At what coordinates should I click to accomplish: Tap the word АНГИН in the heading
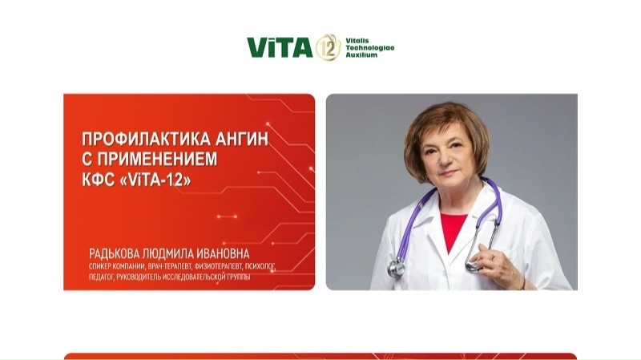pyautogui.click(x=243, y=139)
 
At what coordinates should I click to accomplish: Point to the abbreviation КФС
pyautogui.click(x=99, y=180)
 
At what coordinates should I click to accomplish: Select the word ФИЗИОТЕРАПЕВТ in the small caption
pyautogui.click(x=217, y=265)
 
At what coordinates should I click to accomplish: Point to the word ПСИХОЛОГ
pyautogui.click(x=260, y=265)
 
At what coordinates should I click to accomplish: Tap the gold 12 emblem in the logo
pyautogui.click(x=328, y=47)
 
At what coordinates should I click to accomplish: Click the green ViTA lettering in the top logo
pyautogui.click(x=280, y=48)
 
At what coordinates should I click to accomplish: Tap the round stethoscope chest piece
pyautogui.click(x=396, y=268)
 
